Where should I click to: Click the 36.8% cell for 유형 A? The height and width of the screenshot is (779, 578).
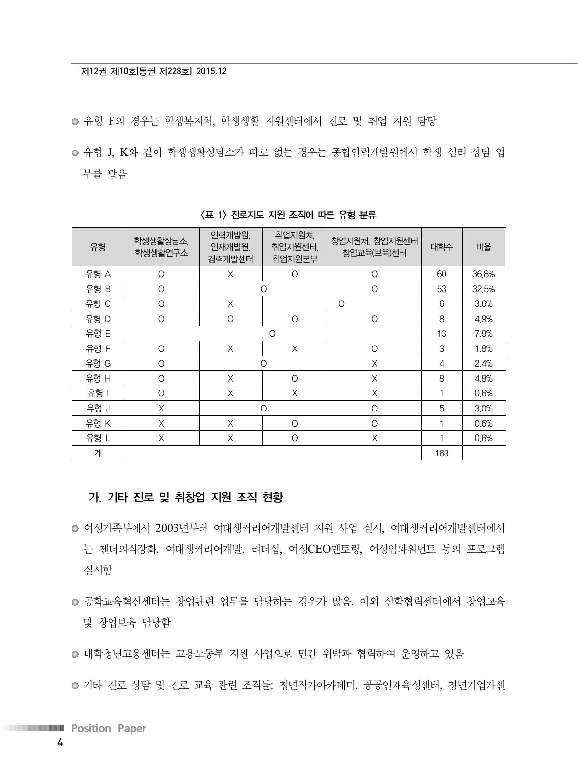[x=483, y=274]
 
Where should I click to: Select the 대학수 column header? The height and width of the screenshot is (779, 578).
[x=442, y=247]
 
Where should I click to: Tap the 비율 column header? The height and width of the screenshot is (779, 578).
[x=483, y=247]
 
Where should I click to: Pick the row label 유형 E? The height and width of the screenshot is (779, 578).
[x=98, y=334]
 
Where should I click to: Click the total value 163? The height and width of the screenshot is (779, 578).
[x=442, y=453]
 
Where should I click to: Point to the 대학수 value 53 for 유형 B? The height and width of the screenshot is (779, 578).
[x=442, y=289]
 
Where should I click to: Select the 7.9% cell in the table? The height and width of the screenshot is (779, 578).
[x=483, y=334]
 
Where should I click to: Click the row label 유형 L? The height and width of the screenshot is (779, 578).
[x=98, y=438]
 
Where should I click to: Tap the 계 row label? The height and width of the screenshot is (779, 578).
[x=98, y=453]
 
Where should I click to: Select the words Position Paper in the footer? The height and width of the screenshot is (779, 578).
[x=109, y=728]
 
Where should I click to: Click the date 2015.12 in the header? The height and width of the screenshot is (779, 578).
[x=211, y=71]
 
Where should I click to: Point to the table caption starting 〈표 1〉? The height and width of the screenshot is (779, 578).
[x=289, y=215]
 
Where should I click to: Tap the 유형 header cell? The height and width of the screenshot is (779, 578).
[x=98, y=247]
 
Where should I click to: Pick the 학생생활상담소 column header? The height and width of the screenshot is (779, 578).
[x=161, y=247]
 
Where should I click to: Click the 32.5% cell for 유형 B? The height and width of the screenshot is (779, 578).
[x=483, y=289]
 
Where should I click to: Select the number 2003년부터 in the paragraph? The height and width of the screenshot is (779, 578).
[x=182, y=528]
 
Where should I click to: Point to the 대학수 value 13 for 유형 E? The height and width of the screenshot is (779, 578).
[x=442, y=334]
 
